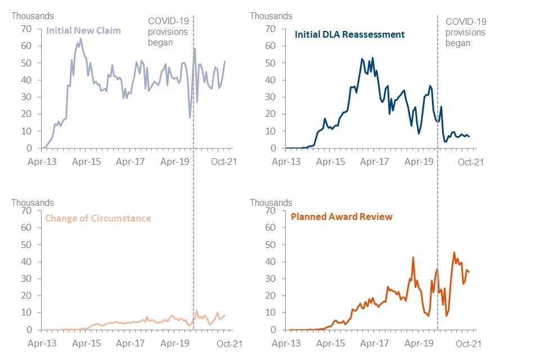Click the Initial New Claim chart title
click(84, 30)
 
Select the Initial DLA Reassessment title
click(349, 34)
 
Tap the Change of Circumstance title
click(98, 218)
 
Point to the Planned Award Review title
click(341, 216)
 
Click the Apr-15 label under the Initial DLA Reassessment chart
click(330, 162)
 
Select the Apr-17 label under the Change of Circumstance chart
click(130, 343)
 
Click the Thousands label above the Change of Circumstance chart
click(33, 202)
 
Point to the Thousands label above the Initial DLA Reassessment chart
click(271, 16)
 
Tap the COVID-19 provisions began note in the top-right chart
click(466, 33)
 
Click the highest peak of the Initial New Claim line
click(80, 39)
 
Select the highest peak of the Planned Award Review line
click(454, 253)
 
